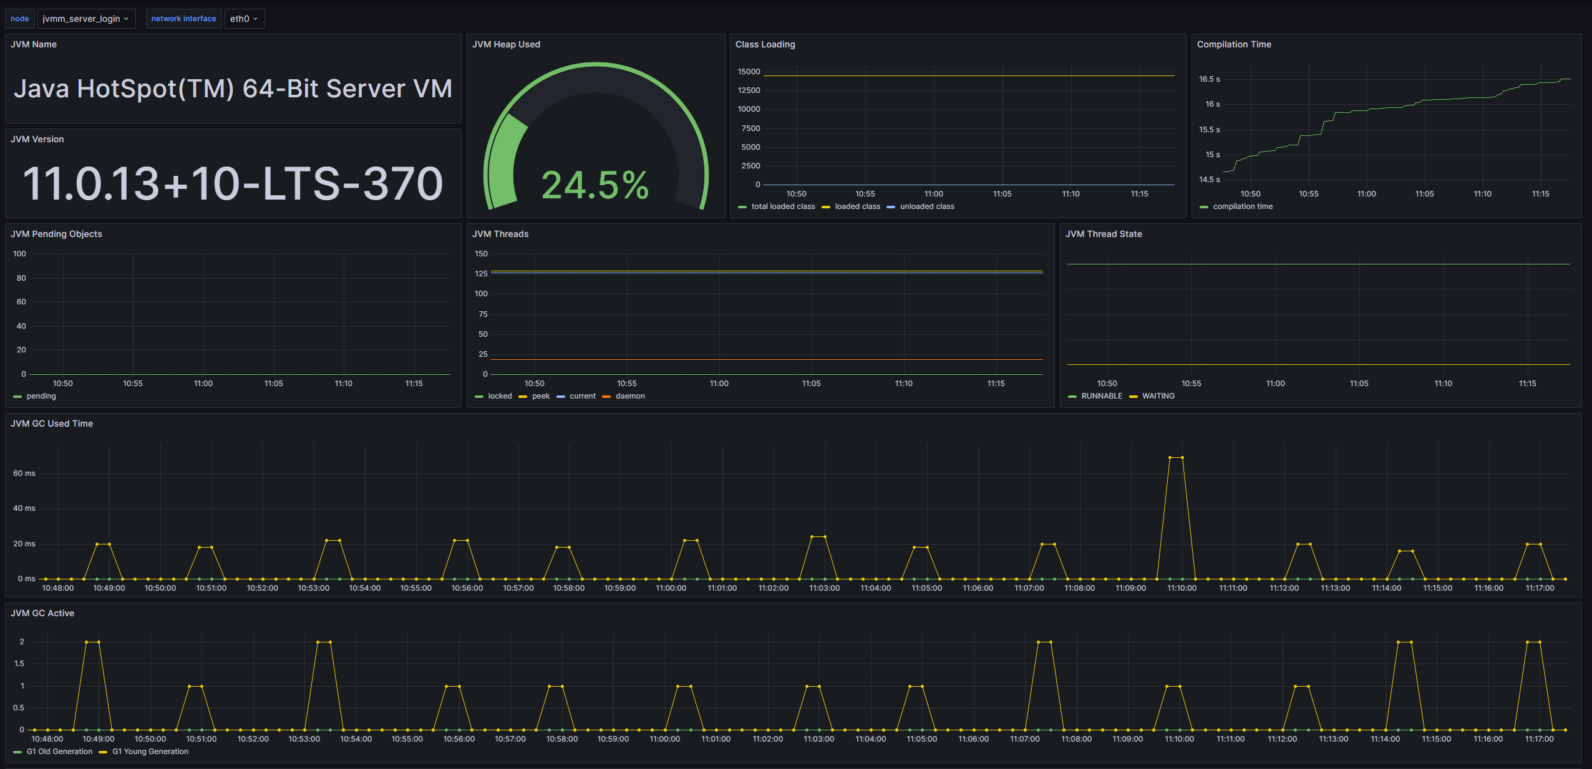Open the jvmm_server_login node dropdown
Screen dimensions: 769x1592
pyautogui.click(x=85, y=19)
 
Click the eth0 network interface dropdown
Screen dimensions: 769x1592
pyautogui.click(x=244, y=19)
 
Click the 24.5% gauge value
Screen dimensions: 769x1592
pyautogui.click(x=595, y=186)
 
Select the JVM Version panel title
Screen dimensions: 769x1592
pyautogui.click(x=37, y=139)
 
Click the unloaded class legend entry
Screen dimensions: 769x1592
pyautogui.click(x=926, y=206)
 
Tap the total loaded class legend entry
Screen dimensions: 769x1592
pyautogui.click(x=782, y=206)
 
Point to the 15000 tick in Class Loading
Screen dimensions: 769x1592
pyautogui.click(x=749, y=72)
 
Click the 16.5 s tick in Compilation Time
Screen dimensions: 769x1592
pyautogui.click(x=1209, y=79)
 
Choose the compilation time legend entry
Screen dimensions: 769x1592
pyautogui.click(x=1242, y=206)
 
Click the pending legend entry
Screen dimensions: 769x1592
pyautogui.click(x=41, y=396)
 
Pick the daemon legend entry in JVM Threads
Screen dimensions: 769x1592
pyautogui.click(x=629, y=396)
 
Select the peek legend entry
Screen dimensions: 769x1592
pyautogui.click(x=540, y=396)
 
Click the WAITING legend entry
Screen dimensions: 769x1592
pyautogui.click(x=1158, y=396)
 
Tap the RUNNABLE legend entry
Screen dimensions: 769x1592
pyautogui.click(x=1101, y=396)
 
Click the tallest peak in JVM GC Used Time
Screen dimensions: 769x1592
pyautogui.click(x=1176, y=458)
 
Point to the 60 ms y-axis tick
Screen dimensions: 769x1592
pyautogui.click(x=24, y=473)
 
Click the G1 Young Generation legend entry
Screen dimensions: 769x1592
pyautogui.click(x=150, y=752)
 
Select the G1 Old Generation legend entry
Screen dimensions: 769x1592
pyautogui.click(x=59, y=752)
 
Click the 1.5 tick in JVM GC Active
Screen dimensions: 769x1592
pyautogui.click(x=19, y=664)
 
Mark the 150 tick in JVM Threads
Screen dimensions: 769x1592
pyautogui.click(x=481, y=254)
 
